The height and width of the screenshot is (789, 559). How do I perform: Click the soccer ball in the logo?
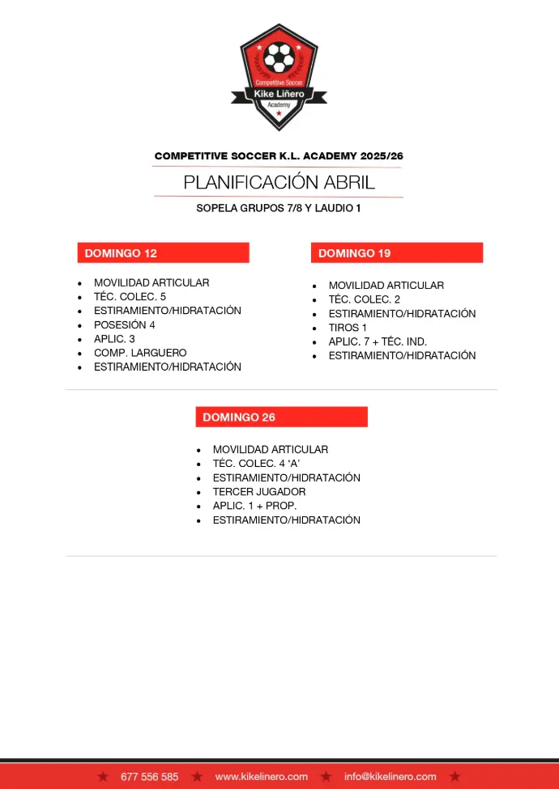(279, 57)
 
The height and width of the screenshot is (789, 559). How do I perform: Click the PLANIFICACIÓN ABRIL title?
(279, 182)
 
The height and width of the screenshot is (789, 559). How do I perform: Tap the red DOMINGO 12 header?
(163, 253)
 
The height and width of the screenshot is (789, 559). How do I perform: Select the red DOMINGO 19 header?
(396, 253)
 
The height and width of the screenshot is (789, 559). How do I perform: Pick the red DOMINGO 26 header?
(281, 417)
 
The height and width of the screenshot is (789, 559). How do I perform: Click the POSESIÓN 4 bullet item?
(124, 325)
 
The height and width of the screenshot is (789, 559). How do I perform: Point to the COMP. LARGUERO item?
(139, 353)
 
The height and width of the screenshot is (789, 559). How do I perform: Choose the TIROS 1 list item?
(348, 328)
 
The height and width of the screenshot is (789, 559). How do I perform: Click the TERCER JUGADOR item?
(259, 492)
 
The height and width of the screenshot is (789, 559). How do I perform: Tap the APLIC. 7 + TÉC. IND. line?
(378, 341)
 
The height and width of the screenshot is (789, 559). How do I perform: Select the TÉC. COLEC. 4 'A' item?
(256, 464)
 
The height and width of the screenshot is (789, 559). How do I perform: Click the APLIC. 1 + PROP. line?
(254, 506)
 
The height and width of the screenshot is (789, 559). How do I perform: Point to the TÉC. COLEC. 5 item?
(130, 297)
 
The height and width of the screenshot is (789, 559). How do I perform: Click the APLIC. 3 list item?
(114, 339)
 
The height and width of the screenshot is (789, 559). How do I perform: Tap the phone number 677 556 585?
(149, 777)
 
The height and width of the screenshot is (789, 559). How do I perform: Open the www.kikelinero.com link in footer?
(261, 777)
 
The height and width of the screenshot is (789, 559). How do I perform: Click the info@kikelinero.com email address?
(390, 777)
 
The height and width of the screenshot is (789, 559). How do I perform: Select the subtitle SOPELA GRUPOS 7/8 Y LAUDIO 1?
(279, 208)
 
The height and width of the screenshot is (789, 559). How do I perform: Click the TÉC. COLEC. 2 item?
(364, 299)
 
